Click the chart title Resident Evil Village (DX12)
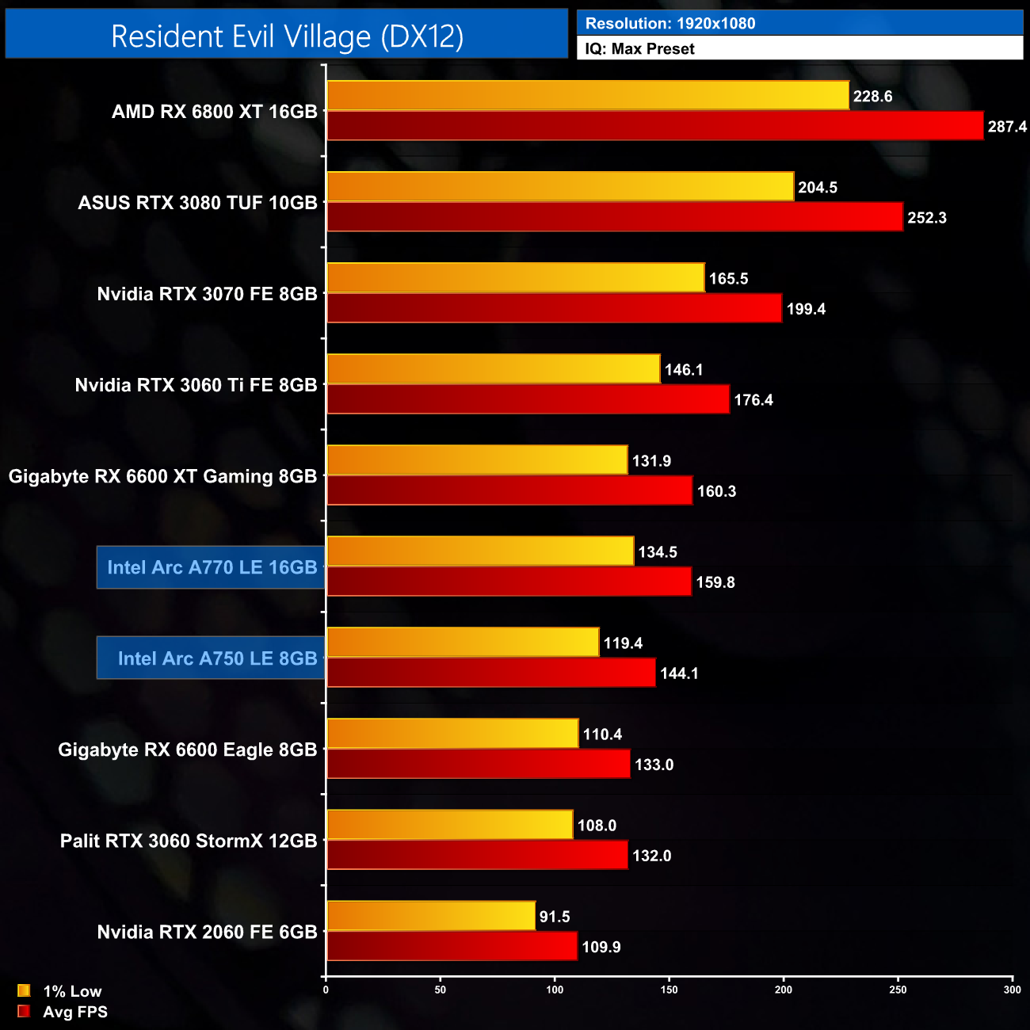(x=287, y=36)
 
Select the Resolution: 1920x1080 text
(x=669, y=24)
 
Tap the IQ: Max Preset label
(x=639, y=49)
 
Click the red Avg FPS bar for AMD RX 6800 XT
(x=654, y=126)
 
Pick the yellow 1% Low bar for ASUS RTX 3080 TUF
(x=559, y=187)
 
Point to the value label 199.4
(x=806, y=309)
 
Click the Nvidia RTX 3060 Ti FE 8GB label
(x=196, y=385)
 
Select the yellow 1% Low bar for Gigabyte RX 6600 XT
(x=476, y=460)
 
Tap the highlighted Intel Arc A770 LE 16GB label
(x=212, y=567)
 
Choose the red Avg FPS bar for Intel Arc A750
(x=491, y=673)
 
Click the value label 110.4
(x=602, y=734)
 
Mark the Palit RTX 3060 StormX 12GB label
(x=189, y=841)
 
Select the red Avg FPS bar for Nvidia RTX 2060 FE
(x=452, y=946)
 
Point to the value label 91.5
(x=555, y=917)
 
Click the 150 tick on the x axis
(x=669, y=989)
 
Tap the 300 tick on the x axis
(x=1012, y=989)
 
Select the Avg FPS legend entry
(x=63, y=1012)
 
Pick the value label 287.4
(x=1007, y=127)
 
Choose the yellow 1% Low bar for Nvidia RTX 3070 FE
(x=515, y=278)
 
